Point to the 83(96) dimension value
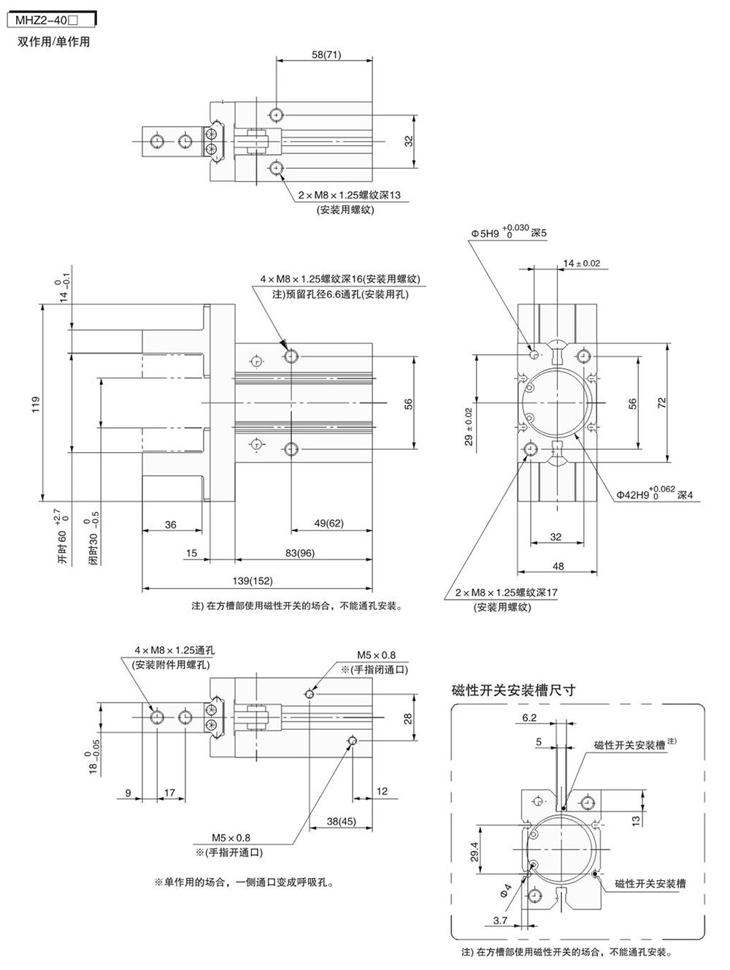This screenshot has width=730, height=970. click(x=300, y=553)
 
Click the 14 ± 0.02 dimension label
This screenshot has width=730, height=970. click(x=582, y=263)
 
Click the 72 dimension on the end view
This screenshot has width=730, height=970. click(x=661, y=402)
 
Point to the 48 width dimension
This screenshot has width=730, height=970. click(x=558, y=565)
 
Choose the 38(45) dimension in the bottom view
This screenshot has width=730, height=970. click(x=341, y=821)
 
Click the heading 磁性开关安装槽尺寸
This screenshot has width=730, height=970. click(x=514, y=690)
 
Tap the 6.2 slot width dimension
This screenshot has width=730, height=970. click(x=529, y=717)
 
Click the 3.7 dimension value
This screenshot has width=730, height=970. click(x=500, y=920)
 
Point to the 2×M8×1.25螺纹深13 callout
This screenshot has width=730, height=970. click(x=350, y=195)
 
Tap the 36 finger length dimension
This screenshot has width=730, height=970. click(x=170, y=524)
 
